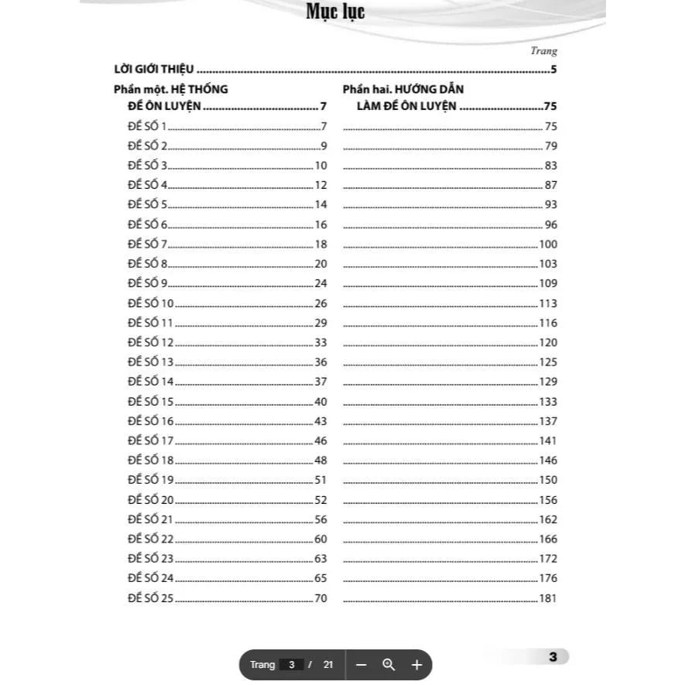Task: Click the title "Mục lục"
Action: [x=335, y=13]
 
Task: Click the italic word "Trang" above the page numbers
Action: [x=543, y=51]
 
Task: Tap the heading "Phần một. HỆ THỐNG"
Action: [x=170, y=89]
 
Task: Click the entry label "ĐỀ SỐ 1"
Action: [x=147, y=126]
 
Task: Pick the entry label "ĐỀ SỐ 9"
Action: [x=147, y=283]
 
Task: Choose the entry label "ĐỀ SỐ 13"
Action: [x=150, y=362]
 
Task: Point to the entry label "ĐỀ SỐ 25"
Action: [x=150, y=598]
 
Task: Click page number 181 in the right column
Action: [x=548, y=598]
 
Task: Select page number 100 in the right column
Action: [x=548, y=244]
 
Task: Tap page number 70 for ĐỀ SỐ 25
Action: [x=320, y=598]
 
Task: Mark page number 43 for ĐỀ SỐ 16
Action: [x=320, y=421]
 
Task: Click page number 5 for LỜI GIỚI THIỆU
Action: [x=553, y=70]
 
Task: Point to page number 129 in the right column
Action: [x=548, y=382]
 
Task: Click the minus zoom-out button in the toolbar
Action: [x=361, y=664]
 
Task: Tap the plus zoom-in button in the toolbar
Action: [x=416, y=664]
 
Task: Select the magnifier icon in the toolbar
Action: [x=389, y=664]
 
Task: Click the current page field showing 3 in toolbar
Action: [x=291, y=664]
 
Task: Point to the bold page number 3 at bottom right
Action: [x=553, y=657]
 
